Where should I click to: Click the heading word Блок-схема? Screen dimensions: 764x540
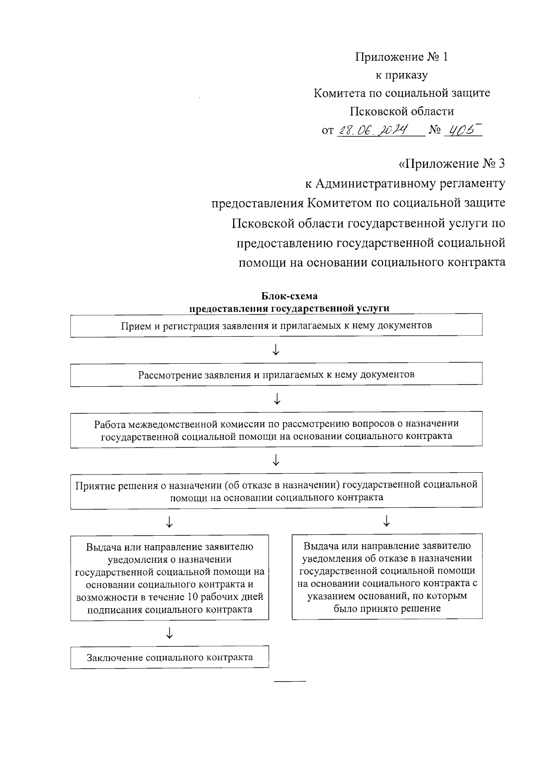289,296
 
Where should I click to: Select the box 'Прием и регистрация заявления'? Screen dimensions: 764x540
276,325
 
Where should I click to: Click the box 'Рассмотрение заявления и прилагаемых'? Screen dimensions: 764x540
276,375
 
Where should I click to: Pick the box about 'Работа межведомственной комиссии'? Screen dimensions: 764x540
276,429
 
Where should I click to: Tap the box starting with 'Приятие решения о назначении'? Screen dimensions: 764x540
276,491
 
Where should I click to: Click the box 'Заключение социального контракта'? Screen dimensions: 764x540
170,657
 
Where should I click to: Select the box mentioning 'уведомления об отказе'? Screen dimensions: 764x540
387,577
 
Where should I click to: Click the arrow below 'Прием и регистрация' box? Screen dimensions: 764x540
276,349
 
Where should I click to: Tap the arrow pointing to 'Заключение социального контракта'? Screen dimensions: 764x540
169,633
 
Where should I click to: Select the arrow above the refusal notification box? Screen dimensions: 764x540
386,521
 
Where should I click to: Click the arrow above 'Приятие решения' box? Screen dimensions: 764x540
276,460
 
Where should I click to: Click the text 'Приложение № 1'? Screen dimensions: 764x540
402,57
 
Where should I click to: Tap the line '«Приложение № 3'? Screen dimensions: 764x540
452,163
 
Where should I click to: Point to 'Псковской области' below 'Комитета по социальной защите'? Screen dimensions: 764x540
402,111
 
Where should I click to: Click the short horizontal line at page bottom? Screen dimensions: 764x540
290,680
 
